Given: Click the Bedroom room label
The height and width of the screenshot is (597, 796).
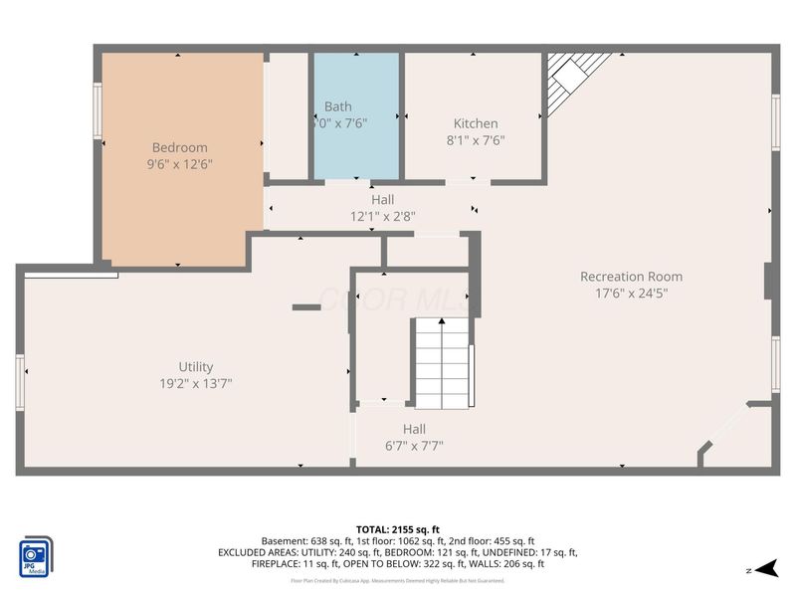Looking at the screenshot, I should pos(179,147).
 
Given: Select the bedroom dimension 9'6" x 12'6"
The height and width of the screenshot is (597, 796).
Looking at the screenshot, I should pos(179,163).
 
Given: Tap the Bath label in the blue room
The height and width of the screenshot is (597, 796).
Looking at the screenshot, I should pos(337,106).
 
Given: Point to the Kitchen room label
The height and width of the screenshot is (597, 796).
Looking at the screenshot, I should pos(475,123).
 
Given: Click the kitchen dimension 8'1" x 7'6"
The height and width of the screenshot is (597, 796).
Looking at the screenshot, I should pos(475,140).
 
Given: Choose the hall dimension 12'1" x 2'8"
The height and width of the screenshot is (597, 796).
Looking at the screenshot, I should pos(382,216).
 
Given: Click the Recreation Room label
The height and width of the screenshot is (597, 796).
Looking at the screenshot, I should pos(631,277).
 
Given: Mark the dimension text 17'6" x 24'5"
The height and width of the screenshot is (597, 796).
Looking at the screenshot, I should pos(631,294).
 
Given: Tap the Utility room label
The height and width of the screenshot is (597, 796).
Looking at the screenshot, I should pos(195,366).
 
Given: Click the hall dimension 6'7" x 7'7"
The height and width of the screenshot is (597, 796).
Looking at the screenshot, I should pos(415,446).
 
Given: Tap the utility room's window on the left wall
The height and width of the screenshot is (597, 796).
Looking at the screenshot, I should pos(20,382).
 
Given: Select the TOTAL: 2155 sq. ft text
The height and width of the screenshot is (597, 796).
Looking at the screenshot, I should pos(397,528).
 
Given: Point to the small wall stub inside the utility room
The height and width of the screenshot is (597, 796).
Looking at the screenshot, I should pos(304,308).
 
